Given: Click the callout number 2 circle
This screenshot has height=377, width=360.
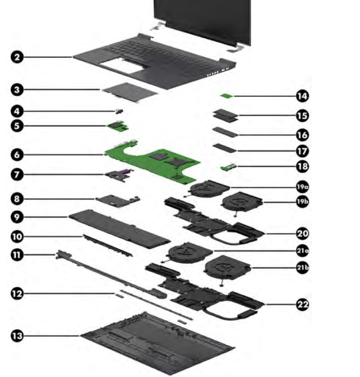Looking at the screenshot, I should (x=18, y=57).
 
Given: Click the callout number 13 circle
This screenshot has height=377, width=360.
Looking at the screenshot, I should (x=18, y=335).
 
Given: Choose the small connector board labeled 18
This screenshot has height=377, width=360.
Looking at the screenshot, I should (x=228, y=168).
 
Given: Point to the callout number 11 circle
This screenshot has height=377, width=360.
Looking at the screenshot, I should (x=18, y=255).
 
